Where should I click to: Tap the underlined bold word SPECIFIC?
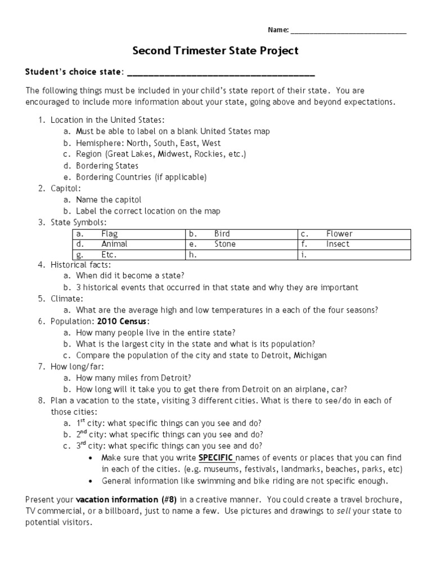[217, 458]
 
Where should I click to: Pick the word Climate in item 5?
[66, 299]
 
